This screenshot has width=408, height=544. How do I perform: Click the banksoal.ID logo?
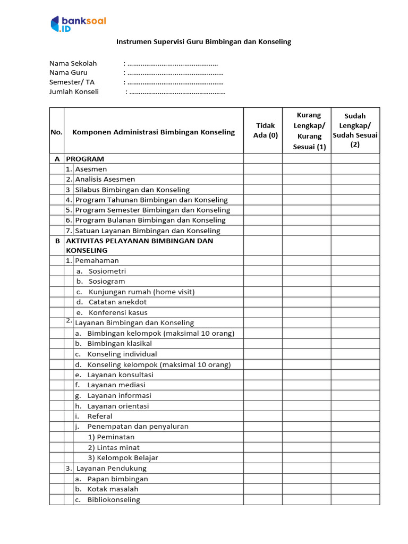pos(78,24)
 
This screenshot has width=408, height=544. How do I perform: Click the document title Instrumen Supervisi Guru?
pos(203,41)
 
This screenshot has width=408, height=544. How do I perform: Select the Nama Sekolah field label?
pos(73,63)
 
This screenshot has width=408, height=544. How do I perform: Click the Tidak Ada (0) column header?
pos(265,130)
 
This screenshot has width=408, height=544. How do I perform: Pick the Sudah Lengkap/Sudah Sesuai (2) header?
pos(355,130)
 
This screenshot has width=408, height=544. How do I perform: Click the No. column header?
pos(56,132)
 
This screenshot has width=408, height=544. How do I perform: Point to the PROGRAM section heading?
pos(85,159)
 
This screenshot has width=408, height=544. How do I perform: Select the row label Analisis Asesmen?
pos(105,180)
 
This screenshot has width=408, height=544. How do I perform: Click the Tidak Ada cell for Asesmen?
pos(262,169)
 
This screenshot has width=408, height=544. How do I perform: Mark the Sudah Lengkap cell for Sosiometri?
pos(355,271)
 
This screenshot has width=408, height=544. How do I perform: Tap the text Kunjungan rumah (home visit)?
pos(141,292)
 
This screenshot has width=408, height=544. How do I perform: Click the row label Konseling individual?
pos(122,354)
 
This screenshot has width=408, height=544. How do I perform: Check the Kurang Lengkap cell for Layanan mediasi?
pos(307,385)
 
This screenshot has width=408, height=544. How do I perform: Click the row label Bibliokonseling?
pos(114,499)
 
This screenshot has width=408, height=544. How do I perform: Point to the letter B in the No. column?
pos(57,241)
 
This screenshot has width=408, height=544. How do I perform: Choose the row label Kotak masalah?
pos(113,489)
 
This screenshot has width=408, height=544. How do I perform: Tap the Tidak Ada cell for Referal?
pos(262,416)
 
